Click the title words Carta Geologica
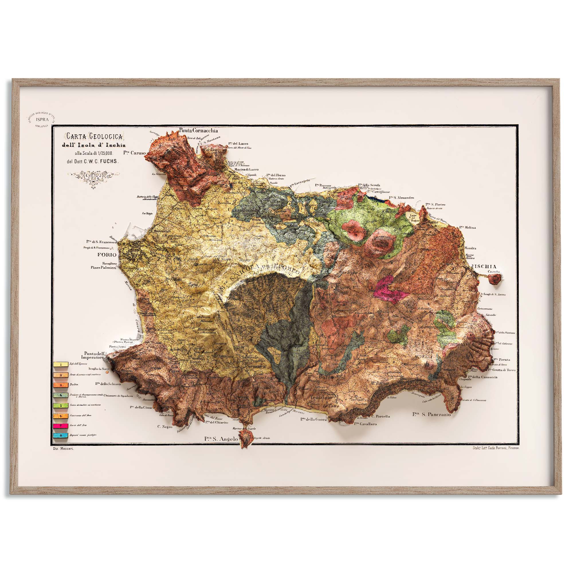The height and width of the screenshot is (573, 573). click(94, 136)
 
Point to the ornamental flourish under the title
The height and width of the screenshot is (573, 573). click(93, 178)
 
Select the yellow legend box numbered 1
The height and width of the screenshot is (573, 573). click(60, 364)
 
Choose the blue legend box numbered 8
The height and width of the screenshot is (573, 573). click(60, 436)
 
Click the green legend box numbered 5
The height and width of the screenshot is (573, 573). click(60, 405)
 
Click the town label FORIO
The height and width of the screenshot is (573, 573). click(107, 255)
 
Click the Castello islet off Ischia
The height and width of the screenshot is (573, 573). click(496, 278)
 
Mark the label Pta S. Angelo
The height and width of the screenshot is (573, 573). click(221, 439)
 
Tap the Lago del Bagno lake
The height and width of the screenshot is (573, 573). click(414, 218)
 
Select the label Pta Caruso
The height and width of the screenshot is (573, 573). click(134, 153)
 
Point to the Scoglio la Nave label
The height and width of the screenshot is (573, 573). click(99, 369)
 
